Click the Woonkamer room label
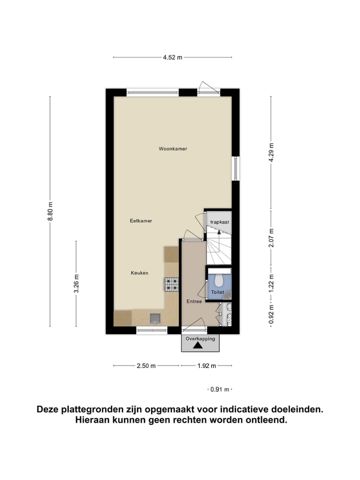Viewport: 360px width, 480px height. [x=172, y=148]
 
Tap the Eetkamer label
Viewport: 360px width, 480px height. [x=140, y=220]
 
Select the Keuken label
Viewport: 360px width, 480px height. [x=139, y=272]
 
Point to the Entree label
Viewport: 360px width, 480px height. [x=194, y=301]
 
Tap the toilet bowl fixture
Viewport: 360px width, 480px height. [x=217, y=280]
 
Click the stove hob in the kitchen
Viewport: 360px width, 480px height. [x=171, y=284]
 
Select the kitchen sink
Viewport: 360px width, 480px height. [x=155, y=317]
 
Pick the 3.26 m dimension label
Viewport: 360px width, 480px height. [x=76, y=283]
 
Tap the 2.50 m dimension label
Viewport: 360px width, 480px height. [x=146, y=365]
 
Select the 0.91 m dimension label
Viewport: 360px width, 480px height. [x=220, y=389]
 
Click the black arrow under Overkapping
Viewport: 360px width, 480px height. [x=198, y=345]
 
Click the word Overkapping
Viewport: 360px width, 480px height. [x=200, y=338]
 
